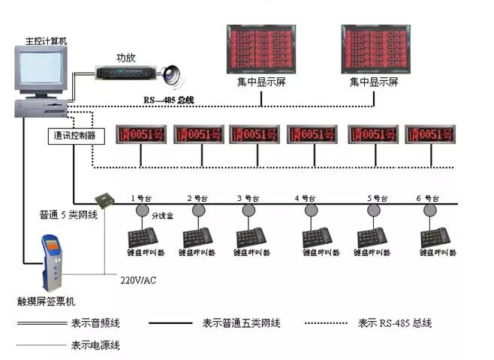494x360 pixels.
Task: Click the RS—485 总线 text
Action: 169,99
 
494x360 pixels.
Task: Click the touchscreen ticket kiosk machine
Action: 52,263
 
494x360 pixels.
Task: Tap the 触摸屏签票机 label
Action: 47,301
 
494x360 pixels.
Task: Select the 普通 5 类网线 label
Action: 69,215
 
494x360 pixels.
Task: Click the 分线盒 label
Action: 161,215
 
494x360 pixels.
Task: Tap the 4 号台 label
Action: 306,199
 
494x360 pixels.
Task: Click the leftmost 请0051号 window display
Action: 140,134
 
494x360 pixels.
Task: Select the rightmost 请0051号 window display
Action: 430,134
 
